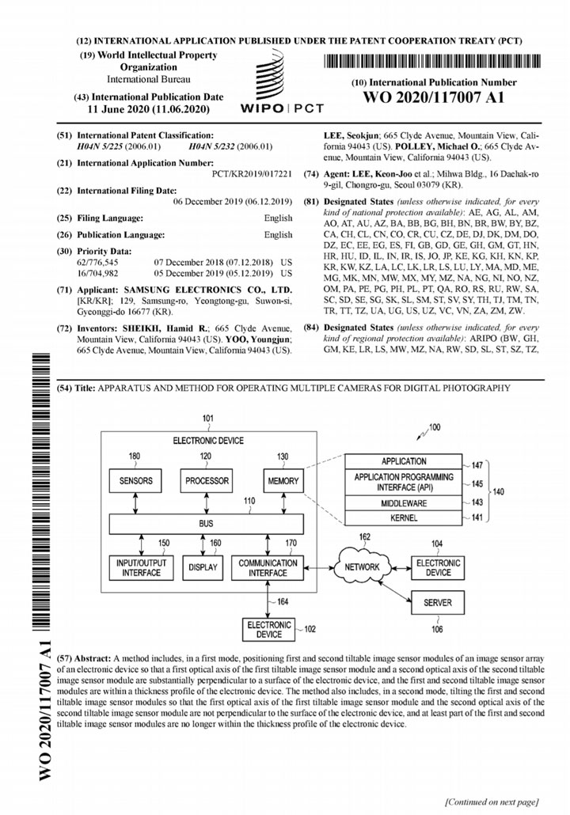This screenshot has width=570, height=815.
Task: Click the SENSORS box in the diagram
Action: click(x=135, y=481)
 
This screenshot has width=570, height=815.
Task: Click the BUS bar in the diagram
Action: click(x=206, y=523)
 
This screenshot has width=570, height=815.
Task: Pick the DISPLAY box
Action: click(x=204, y=567)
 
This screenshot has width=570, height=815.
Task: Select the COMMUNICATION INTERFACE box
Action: click(x=268, y=567)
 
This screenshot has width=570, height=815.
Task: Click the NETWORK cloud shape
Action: click(x=361, y=567)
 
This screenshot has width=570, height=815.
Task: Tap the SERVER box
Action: click(x=438, y=602)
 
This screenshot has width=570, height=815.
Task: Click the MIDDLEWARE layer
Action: click(x=405, y=501)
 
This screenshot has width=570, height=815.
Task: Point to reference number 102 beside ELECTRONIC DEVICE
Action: click(x=310, y=630)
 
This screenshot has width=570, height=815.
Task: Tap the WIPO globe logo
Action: click(x=270, y=72)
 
